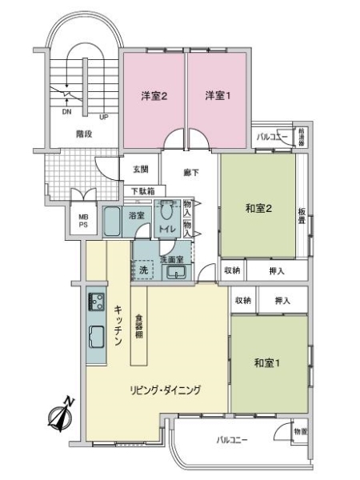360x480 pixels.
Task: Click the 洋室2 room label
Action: coord(154,97)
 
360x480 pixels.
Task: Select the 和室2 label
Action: coord(259,210)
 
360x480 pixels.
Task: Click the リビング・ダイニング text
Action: coord(166,390)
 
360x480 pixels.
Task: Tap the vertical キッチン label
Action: coord(118,326)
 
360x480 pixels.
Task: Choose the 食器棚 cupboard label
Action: coord(139,326)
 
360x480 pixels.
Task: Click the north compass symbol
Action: coord(61,414)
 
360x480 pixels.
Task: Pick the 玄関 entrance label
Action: coord(141,170)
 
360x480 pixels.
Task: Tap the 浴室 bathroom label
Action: coord(136,215)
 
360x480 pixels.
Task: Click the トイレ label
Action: coord(166,230)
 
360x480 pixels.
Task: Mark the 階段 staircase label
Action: coord(83,134)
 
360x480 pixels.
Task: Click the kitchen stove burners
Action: coord(96,302)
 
